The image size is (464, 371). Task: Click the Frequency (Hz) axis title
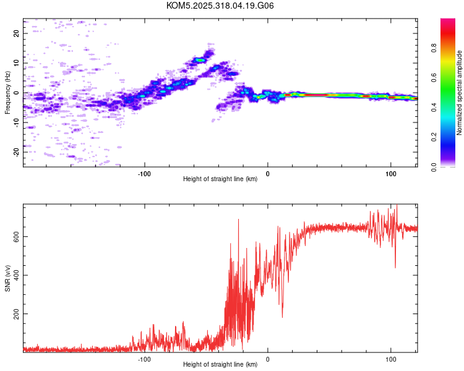(7, 93)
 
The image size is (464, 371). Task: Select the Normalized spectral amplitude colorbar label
(459, 93)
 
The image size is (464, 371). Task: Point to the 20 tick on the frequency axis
(16, 33)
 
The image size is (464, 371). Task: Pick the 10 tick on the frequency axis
(16, 63)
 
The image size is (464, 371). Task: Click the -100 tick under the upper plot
(145, 174)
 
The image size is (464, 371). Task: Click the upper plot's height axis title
(220, 179)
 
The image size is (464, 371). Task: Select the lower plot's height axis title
(220, 365)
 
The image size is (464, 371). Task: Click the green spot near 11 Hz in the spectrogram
(200, 60)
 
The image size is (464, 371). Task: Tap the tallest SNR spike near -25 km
(239, 220)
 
